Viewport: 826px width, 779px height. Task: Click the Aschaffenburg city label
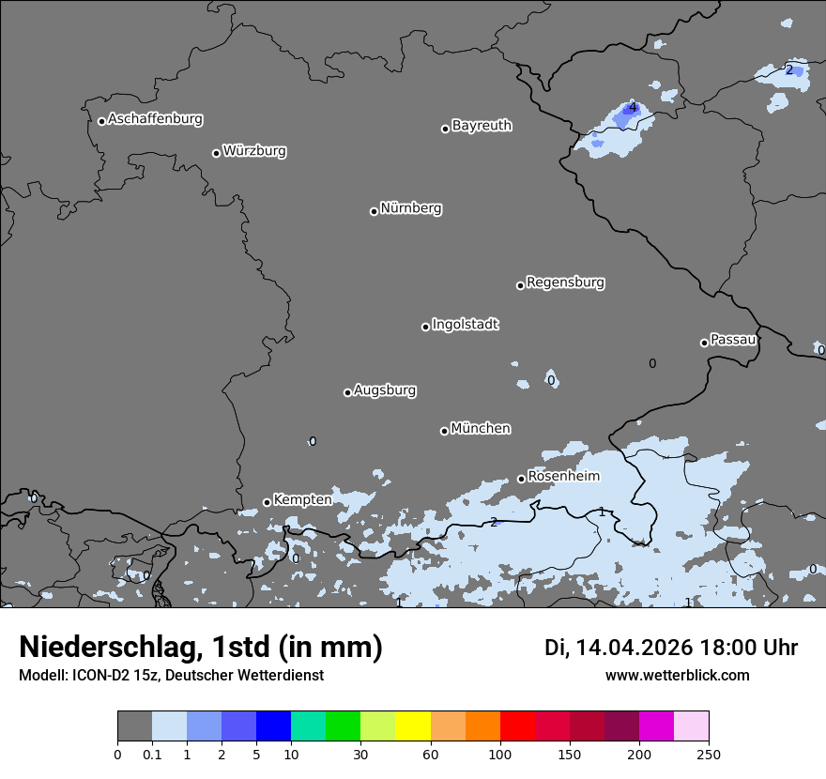[155, 119]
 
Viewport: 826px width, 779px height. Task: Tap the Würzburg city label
[254, 151]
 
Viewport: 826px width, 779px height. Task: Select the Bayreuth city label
[482, 126]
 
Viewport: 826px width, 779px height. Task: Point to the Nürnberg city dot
[374, 211]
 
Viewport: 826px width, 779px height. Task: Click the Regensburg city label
[565, 283]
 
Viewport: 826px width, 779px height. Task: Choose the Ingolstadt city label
[465, 325]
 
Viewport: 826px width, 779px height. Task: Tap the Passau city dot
[704, 343]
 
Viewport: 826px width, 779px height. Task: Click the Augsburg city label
[385, 390]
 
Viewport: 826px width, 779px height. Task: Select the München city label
[481, 429]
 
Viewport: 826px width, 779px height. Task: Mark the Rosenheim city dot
[521, 479]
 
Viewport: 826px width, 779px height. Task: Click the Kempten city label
[302, 500]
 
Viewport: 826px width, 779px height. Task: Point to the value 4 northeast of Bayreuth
[633, 107]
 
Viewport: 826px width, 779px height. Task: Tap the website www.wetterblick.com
[677, 676]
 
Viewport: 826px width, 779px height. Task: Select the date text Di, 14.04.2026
[618, 648]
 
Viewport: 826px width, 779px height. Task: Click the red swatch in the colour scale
[517, 726]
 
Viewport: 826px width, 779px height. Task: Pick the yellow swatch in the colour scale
[413, 726]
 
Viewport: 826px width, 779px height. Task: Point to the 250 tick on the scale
[709, 755]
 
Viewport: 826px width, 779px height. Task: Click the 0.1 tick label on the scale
[152, 755]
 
